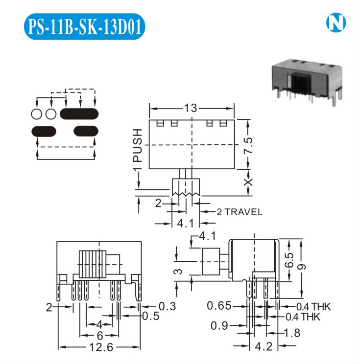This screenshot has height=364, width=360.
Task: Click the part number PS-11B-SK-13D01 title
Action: [x=85, y=28]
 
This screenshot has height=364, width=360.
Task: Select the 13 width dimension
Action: [x=191, y=108]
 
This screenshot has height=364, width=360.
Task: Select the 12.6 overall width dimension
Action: [x=99, y=348]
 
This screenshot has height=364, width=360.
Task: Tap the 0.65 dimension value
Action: [x=218, y=306]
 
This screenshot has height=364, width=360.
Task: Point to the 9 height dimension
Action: [x=304, y=267]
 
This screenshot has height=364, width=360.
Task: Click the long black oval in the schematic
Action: [x=79, y=114]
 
